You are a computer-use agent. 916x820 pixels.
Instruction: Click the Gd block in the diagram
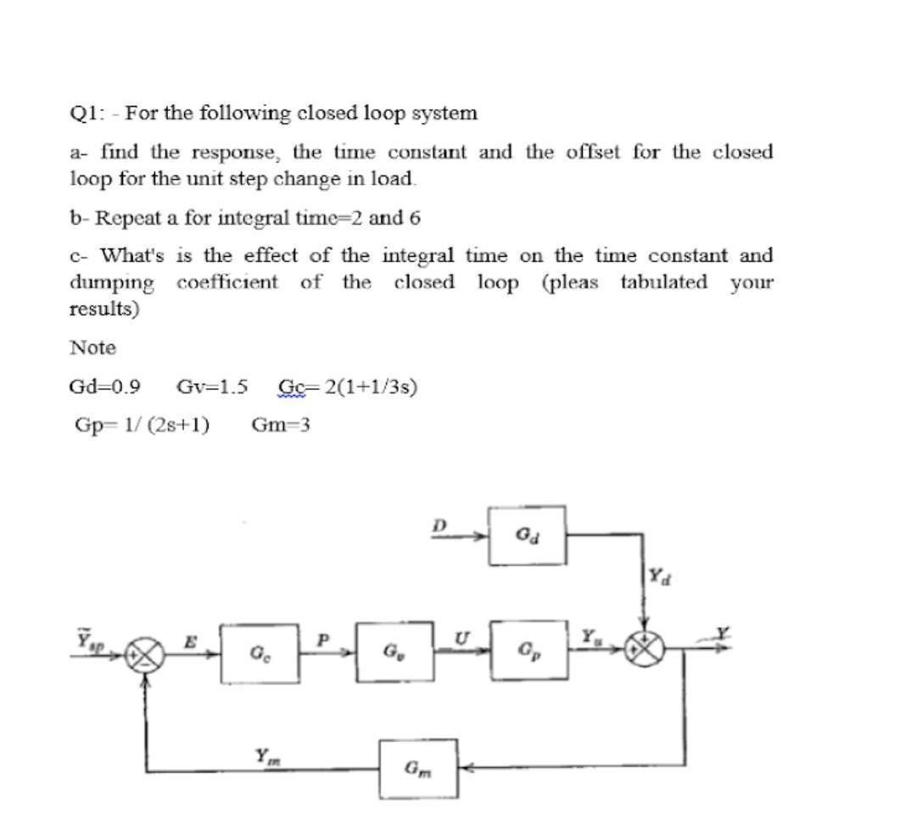click(x=527, y=536)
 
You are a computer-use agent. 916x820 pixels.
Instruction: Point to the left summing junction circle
click(x=141, y=655)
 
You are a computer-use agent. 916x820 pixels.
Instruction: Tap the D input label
click(x=438, y=526)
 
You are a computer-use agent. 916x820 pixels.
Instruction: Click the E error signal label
click(x=191, y=643)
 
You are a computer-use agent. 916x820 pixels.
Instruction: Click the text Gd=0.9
click(x=103, y=388)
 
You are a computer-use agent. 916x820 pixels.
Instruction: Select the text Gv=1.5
click(x=211, y=388)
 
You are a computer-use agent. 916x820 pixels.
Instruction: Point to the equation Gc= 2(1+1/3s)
click(x=347, y=388)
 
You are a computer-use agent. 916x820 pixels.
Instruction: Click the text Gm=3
click(x=281, y=425)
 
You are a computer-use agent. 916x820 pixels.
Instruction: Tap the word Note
click(x=92, y=348)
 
